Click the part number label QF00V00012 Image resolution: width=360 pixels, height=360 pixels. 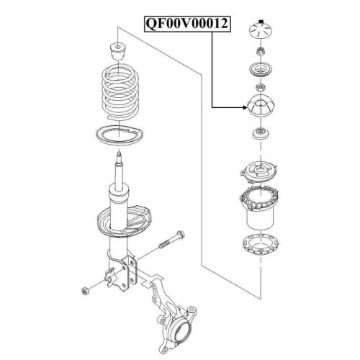187,24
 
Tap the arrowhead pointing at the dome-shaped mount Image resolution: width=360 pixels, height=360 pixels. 245,107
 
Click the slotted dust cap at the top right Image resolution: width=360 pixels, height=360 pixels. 261,31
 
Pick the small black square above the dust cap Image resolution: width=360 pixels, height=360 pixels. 261,22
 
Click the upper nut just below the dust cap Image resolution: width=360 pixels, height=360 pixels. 261,51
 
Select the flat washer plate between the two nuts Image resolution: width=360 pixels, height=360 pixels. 261,70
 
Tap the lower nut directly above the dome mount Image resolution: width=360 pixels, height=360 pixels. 261,87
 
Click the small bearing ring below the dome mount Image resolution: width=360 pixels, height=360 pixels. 261,134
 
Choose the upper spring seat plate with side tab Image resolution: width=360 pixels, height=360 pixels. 259,173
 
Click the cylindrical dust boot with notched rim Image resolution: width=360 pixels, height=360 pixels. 260,207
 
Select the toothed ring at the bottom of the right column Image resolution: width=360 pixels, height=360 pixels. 261,246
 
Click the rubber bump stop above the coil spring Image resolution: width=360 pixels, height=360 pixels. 118,51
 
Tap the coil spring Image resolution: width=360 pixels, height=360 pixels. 120,91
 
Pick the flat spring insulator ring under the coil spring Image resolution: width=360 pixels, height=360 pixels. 120,135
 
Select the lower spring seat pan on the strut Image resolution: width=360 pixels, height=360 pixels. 125,221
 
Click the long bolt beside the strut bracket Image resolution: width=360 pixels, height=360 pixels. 171,239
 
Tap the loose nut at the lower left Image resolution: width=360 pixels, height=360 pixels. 85,291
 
